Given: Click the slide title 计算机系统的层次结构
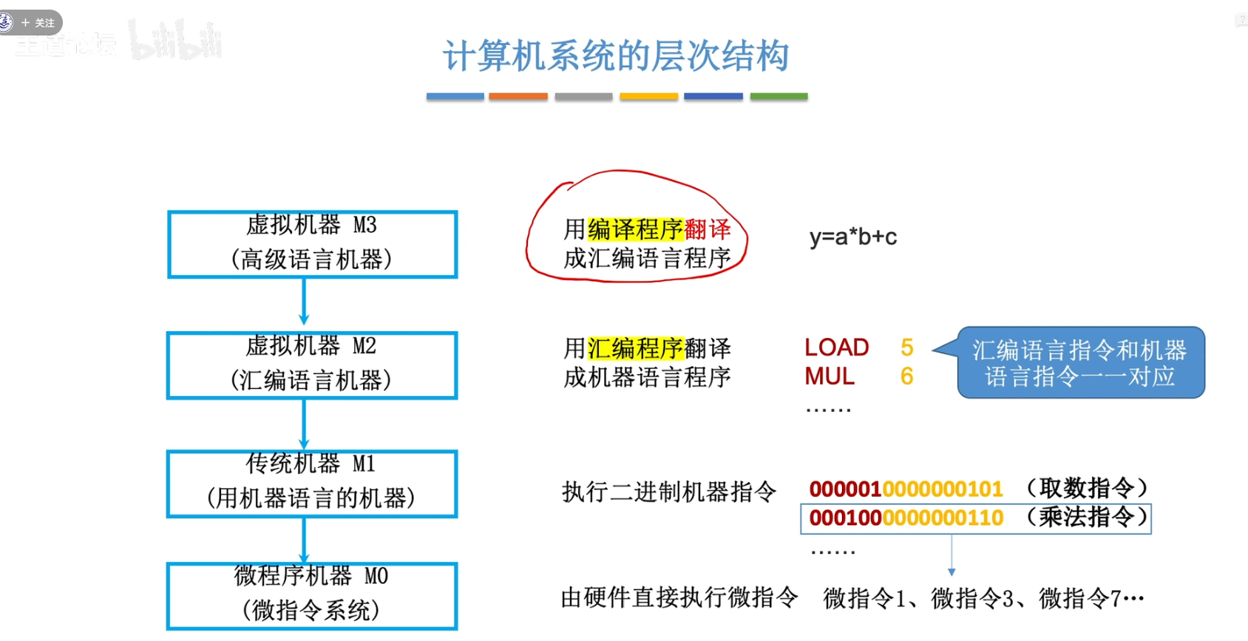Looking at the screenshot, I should pyautogui.click(x=616, y=56).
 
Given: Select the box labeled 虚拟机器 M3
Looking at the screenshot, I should pyautogui.click(x=312, y=244).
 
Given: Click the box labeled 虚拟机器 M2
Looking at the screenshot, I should pyautogui.click(x=312, y=365).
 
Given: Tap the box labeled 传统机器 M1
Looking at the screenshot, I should pyautogui.click(x=312, y=484).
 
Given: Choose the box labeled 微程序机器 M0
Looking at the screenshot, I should pyautogui.click(x=312, y=596).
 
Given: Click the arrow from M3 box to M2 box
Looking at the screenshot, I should pyautogui.click(x=304, y=303).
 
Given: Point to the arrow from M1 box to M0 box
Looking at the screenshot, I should pyautogui.click(x=304, y=540).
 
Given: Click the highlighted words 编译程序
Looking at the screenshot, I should pyautogui.click(x=635, y=229).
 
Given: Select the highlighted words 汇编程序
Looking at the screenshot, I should pyautogui.click(x=635, y=347).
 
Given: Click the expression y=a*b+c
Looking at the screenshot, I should pyautogui.click(x=852, y=237).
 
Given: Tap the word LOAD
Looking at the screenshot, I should pyautogui.click(x=836, y=347).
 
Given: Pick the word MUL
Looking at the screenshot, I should pyautogui.click(x=829, y=376).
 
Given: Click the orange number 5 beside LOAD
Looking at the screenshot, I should pyautogui.click(x=907, y=347).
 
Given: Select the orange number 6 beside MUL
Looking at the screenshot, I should pyautogui.click(x=907, y=376).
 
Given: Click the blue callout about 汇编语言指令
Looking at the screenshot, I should pyautogui.click(x=1079, y=363).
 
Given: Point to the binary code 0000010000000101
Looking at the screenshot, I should pyautogui.click(x=906, y=489).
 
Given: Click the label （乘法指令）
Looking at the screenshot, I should pyautogui.click(x=1087, y=517).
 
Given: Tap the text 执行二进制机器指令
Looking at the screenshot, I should pyautogui.click(x=669, y=491).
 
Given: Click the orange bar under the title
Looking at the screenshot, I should pyautogui.click(x=518, y=96).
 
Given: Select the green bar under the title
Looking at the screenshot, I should pyautogui.click(x=779, y=96).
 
